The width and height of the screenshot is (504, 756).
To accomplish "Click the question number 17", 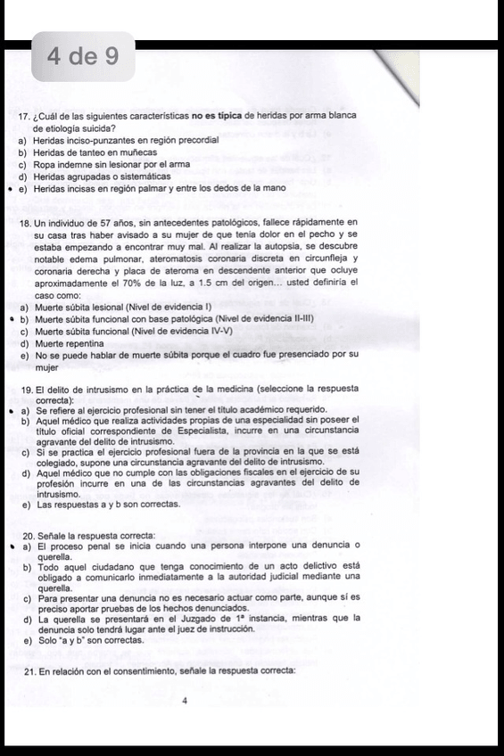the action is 24,117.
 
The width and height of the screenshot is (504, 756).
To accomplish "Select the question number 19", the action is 24,390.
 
